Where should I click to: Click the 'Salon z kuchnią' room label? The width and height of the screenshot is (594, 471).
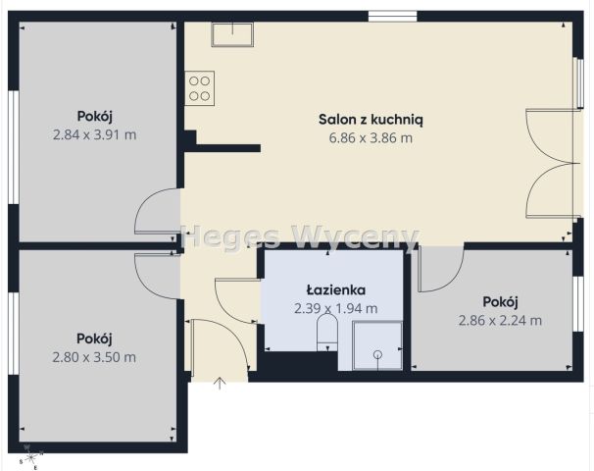point(371,119)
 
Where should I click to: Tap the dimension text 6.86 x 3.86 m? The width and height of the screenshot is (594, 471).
point(371,137)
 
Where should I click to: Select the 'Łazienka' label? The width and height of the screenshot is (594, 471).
point(336,289)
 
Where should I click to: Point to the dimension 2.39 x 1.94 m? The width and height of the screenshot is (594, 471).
point(336,308)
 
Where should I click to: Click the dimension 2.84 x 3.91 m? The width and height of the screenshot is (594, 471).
point(94,134)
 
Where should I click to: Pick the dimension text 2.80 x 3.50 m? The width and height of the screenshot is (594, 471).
point(94,356)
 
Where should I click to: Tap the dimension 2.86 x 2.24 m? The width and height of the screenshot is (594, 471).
point(500,319)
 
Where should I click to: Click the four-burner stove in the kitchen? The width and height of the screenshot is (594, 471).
point(201,87)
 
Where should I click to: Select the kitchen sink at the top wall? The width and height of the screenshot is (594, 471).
point(232,33)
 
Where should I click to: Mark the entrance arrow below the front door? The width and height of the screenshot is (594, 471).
point(219,383)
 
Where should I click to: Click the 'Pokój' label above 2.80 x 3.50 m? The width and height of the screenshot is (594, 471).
point(94,337)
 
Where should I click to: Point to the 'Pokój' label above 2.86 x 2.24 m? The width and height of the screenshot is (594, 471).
point(500,301)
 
